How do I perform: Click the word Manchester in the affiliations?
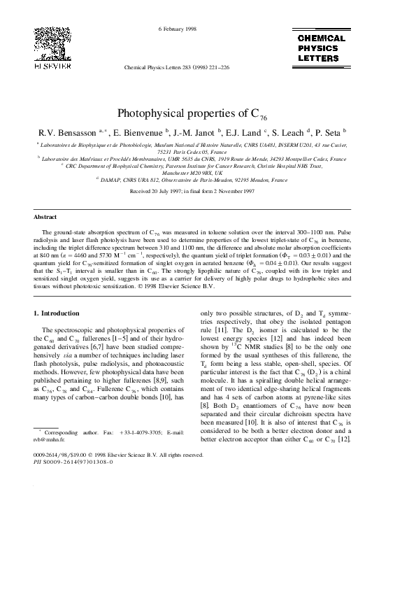coord(176,173)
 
